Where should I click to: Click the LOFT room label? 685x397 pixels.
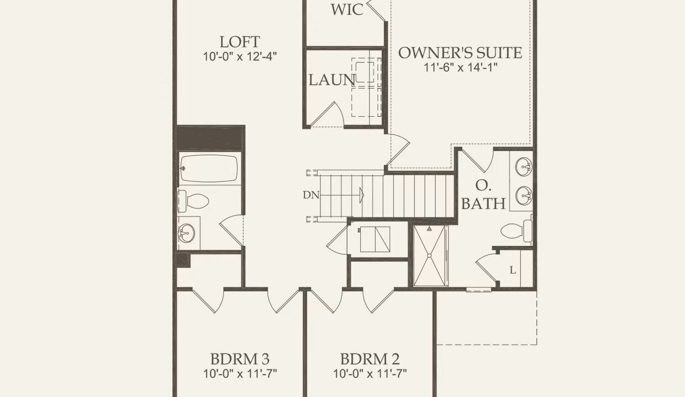pyautogui.click(x=240, y=42)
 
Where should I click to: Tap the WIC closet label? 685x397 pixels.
pyautogui.click(x=347, y=9)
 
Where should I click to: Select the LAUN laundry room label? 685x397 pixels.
pyautogui.click(x=331, y=80)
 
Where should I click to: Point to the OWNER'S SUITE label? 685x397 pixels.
pyautogui.click(x=460, y=53)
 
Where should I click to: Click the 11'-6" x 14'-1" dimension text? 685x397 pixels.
pyautogui.click(x=460, y=67)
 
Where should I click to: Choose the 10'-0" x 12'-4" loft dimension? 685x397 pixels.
pyautogui.click(x=240, y=57)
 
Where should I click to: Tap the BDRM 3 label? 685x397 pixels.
pyautogui.click(x=240, y=359)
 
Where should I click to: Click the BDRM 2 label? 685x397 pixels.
pyautogui.click(x=370, y=359)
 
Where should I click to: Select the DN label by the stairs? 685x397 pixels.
pyautogui.click(x=311, y=195)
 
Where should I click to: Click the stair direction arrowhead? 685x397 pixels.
pyautogui.click(x=361, y=195)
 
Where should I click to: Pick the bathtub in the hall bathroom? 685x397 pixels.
pyautogui.click(x=209, y=169)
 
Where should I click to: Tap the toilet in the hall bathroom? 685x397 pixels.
pyautogui.click(x=193, y=201)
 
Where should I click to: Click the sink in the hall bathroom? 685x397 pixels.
pyautogui.click(x=186, y=233)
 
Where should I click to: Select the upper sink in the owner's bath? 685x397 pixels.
pyautogui.click(x=524, y=167)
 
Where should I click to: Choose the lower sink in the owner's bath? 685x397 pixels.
pyautogui.click(x=524, y=195)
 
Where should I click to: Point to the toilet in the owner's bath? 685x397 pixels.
pyautogui.click(x=517, y=230)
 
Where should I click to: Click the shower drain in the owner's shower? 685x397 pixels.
pyautogui.click(x=429, y=255)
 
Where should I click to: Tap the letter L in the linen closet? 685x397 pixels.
pyautogui.click(x=513, y=270)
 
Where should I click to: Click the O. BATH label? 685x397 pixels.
pyautogui.click(x=483, y=195)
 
